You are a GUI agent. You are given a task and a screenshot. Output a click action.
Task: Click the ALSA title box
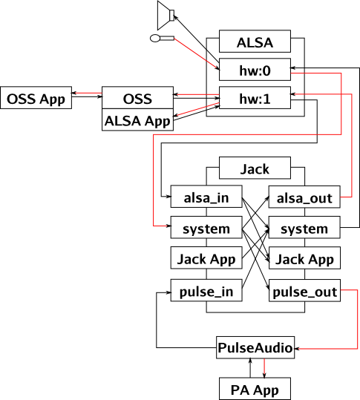255,42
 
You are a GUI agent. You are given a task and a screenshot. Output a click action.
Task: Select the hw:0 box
255,71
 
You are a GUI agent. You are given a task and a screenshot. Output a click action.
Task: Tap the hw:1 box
255,99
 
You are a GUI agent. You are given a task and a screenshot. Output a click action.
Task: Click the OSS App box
36,99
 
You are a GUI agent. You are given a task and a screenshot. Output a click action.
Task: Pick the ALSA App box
137,121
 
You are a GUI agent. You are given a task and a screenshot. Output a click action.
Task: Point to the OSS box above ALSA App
137,99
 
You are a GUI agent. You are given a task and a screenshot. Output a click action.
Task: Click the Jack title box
255,169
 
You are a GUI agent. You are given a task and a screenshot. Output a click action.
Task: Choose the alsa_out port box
304,199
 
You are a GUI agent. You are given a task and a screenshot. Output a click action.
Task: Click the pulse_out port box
304,292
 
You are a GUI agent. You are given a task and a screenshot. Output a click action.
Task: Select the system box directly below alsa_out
304,229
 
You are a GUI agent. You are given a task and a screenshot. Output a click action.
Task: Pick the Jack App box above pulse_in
206,259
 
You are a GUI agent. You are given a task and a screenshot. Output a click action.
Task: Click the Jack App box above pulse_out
304,259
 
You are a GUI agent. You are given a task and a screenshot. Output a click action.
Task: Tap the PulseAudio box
255,347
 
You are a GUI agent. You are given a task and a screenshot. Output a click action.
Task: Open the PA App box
255,388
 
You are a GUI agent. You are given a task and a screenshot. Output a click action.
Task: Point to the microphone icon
161,37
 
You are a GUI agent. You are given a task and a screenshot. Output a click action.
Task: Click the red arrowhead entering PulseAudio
300,347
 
